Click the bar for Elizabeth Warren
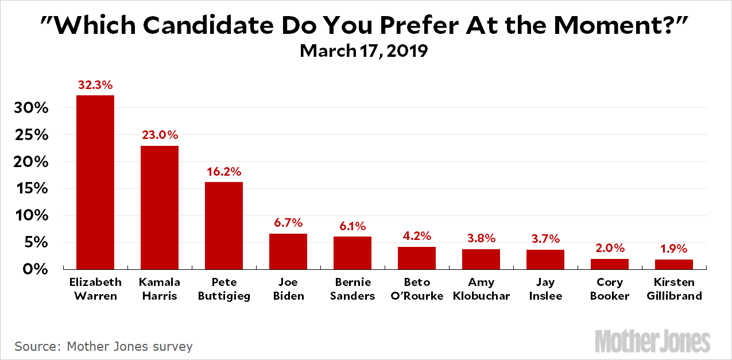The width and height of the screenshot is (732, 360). point(95,182)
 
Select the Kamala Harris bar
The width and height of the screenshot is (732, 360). point(160,207)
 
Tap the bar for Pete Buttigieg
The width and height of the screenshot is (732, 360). point(224,226)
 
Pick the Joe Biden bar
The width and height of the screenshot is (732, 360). point(288,251)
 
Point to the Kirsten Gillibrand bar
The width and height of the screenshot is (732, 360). point(674,264)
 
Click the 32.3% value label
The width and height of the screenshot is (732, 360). point(95,84)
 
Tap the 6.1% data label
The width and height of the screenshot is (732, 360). point(353,226)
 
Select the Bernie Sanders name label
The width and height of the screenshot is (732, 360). point(353,289)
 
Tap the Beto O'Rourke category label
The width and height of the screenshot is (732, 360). point(417,289)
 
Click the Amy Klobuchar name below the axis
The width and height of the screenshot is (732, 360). point(481,289)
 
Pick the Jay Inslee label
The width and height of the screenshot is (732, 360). point(545,289)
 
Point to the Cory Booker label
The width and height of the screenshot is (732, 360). point(610,289)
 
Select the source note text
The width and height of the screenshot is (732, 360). point(103,346)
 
